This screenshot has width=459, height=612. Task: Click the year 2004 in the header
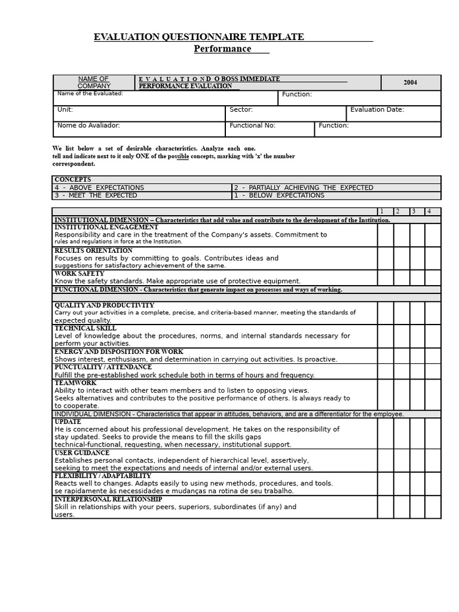410,82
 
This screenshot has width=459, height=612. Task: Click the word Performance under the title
222,49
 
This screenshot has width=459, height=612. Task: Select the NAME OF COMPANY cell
94,82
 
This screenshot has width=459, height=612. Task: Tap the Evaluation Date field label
377,110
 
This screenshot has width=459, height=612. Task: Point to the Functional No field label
252,126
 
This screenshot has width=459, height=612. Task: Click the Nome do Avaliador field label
88,126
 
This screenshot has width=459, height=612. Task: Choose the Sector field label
241,110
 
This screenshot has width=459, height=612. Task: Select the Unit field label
65,110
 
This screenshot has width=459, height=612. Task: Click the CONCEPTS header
73,179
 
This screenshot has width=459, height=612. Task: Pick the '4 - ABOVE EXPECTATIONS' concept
99,188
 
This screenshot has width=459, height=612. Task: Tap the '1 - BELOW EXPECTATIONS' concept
279,195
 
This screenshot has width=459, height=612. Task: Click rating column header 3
414,212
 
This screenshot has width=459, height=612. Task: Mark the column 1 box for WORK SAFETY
385,277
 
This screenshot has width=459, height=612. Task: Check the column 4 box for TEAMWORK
433,394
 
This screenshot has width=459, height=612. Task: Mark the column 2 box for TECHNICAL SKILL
402,336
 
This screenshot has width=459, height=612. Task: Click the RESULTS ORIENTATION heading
93,250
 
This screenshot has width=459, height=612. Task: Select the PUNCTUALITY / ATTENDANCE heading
103,367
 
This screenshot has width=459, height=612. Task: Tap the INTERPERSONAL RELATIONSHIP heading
108,499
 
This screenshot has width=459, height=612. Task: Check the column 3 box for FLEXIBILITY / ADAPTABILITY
417,484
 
